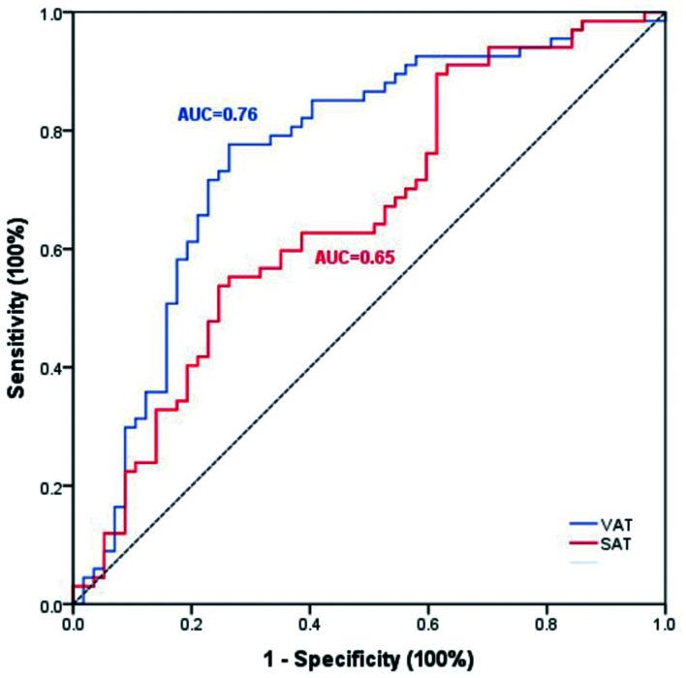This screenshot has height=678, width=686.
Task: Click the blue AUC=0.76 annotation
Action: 216,113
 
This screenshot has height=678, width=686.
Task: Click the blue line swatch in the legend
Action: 585,523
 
